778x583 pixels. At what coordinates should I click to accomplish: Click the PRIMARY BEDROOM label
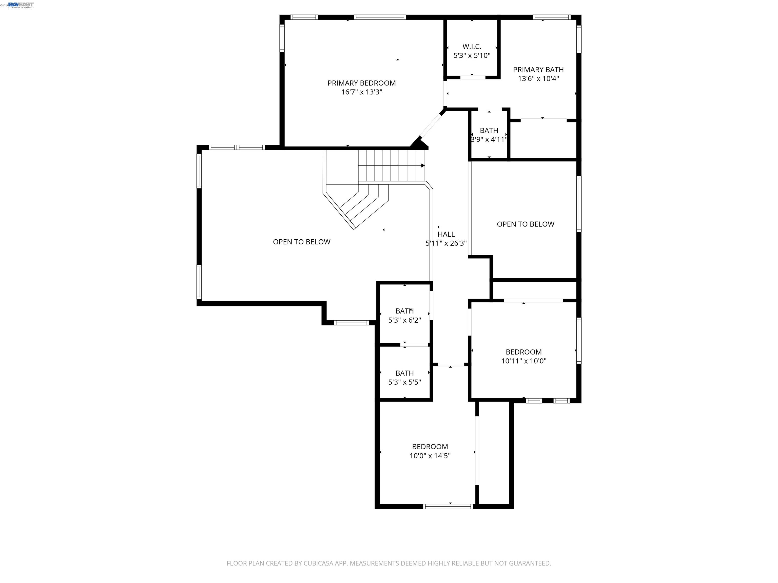362,83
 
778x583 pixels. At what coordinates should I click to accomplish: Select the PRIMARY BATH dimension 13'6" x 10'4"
538,79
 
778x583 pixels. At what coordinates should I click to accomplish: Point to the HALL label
446,234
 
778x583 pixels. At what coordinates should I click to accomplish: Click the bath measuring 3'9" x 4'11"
489,135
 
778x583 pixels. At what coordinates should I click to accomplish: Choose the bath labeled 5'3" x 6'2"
404,316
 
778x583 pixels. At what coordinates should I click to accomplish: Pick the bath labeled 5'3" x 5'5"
404,378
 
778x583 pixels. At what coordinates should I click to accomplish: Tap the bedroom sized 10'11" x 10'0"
523,356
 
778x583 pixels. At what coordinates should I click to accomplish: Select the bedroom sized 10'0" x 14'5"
430,451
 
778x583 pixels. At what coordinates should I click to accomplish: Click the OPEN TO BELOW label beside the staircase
301,242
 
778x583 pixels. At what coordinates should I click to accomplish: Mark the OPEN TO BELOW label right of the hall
526,224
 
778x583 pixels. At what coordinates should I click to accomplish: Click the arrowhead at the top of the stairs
423,165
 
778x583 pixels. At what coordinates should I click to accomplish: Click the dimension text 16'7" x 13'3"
362,92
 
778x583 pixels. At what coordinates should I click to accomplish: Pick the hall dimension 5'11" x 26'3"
446,243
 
